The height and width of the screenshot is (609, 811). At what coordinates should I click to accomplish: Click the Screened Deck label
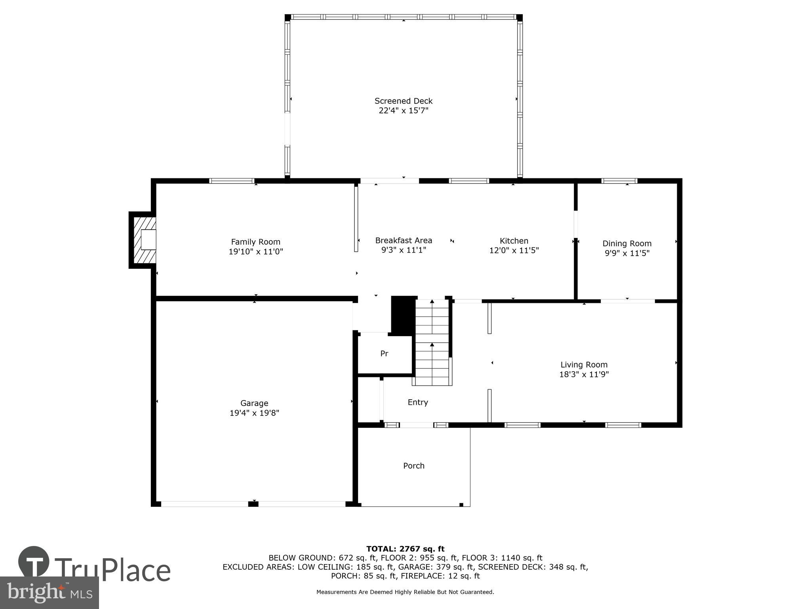click(x=403, y=101)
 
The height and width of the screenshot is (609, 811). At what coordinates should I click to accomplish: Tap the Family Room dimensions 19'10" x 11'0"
click(x=255, y=251)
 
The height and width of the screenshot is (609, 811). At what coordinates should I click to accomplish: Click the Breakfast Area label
click(x=403, y=240)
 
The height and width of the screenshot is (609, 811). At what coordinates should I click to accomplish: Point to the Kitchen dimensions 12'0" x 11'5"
click(x=514, y=251)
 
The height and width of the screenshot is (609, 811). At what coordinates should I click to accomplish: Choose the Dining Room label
click(x=626, y=243)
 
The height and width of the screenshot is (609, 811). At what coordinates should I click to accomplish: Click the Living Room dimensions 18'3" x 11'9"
click(x=583, y=374)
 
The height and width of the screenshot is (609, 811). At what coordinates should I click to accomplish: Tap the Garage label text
click(x=254, y=403)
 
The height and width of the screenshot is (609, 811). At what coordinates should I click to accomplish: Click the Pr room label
click(x=384, y=353)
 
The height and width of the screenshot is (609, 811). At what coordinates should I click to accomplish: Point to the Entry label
click(x=417, y=402)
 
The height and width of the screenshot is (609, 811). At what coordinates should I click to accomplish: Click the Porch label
click(x=413, y=465)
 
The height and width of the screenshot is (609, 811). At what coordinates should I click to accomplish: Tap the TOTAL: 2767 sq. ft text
click(x=405, y=549)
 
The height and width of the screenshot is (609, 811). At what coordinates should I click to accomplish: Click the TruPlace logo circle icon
click(x=34, y=561)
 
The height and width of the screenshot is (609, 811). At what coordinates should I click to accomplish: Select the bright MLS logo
click(x=49, y=593)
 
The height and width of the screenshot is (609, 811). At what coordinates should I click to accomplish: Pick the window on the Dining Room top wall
click(x=619, y=181)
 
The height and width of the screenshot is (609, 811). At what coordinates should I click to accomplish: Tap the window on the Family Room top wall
click(x=232, y=181)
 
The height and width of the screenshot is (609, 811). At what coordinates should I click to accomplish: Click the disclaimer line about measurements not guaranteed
click(x=405, y=592)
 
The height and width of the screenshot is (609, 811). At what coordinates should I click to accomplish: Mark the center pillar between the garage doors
click(x=253, y=504)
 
